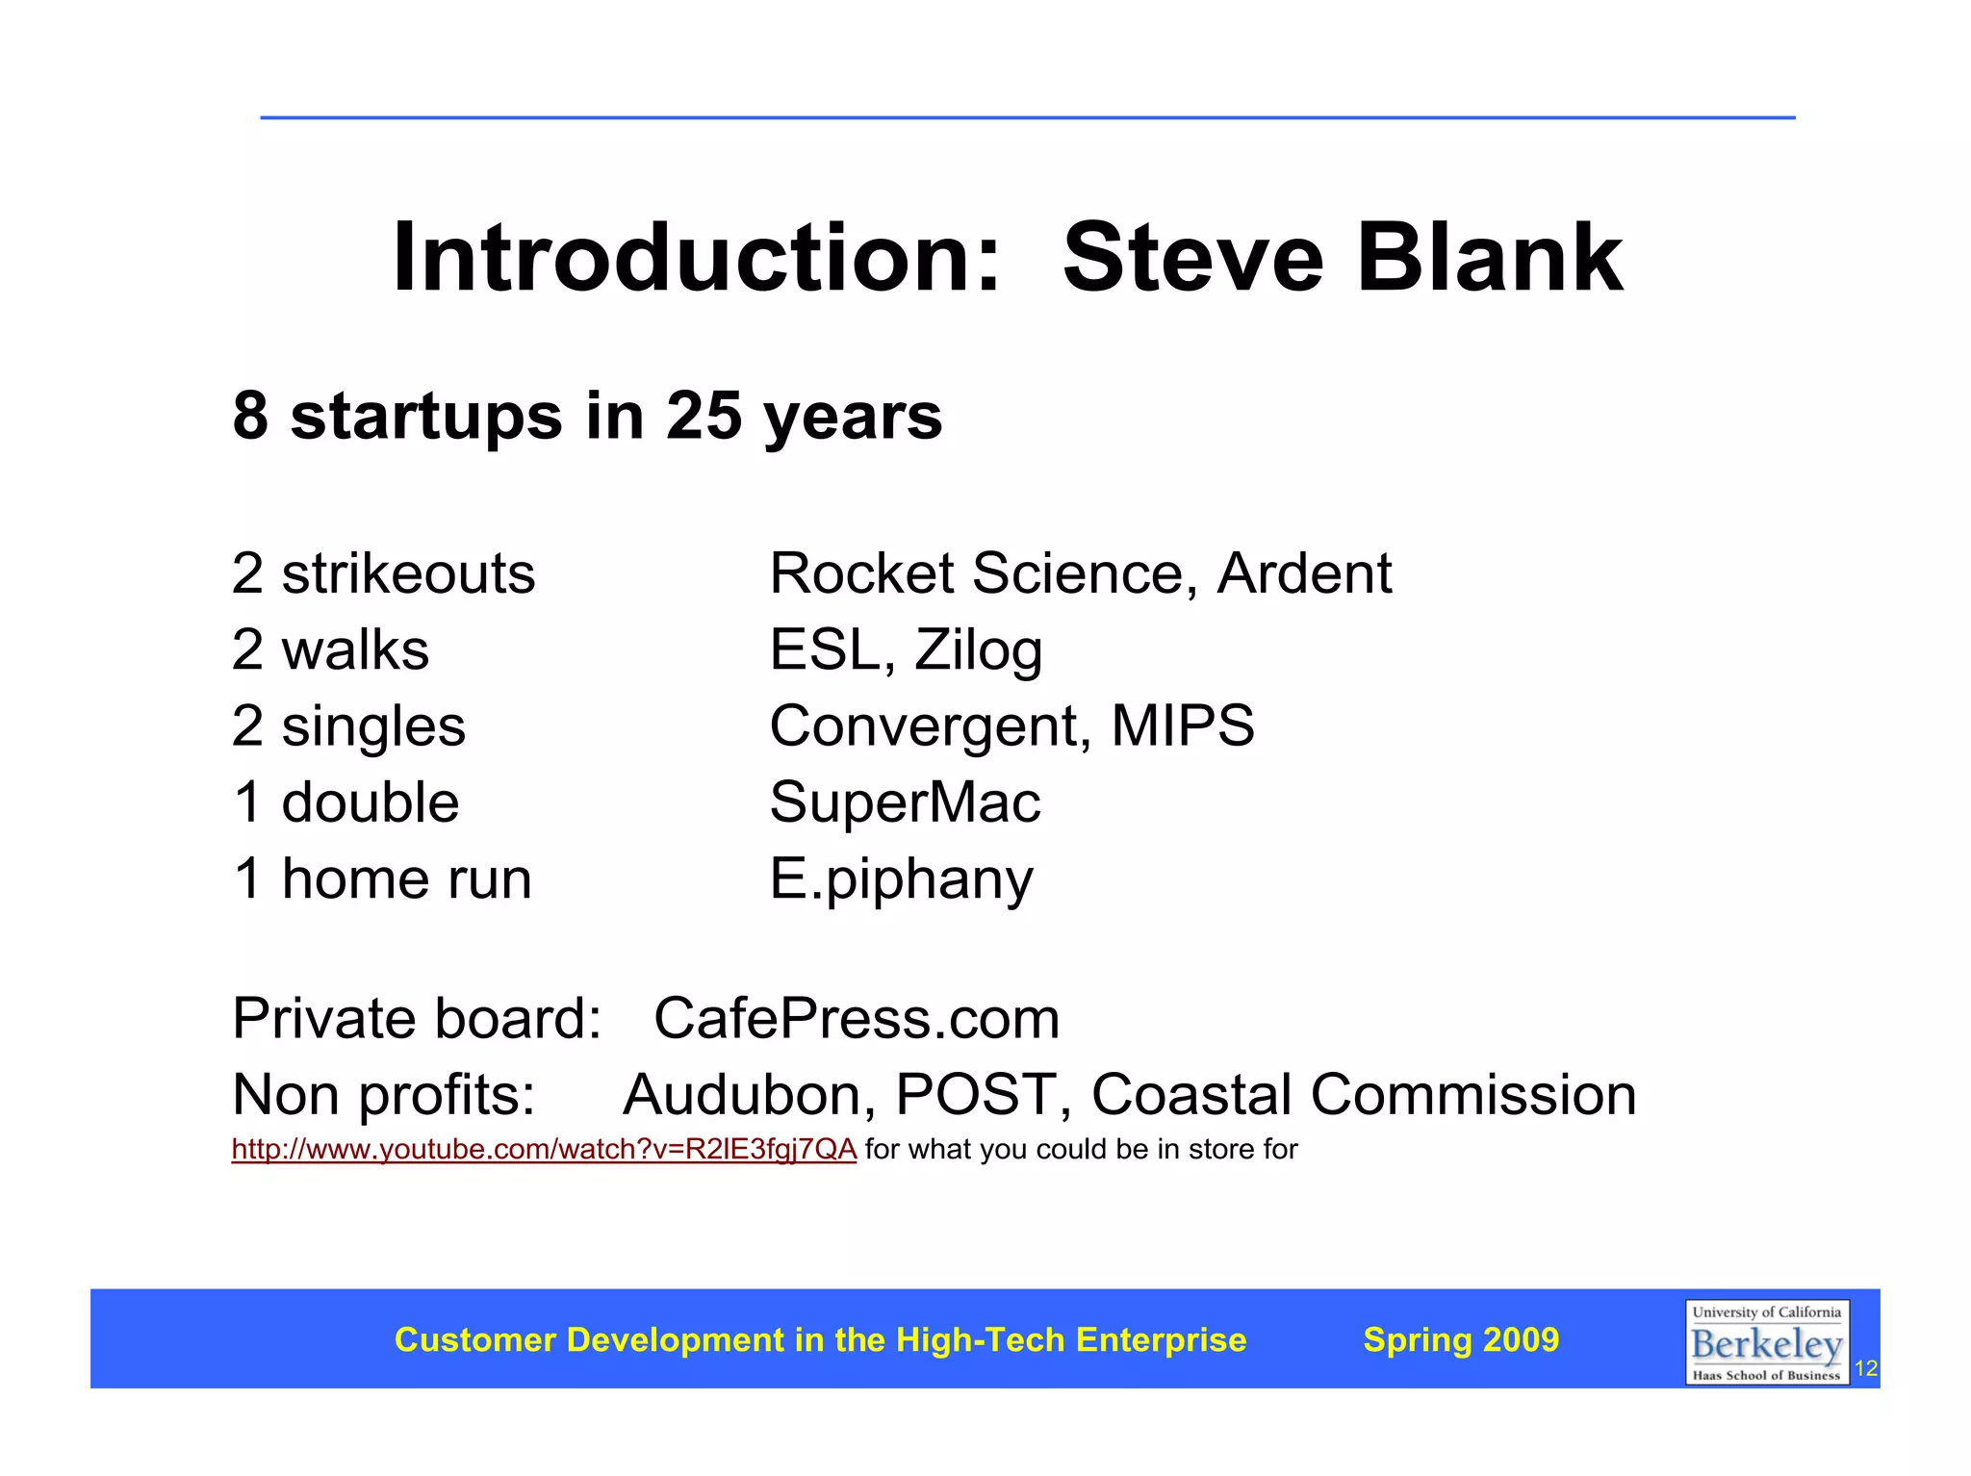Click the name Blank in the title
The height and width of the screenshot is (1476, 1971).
click(1489, 258)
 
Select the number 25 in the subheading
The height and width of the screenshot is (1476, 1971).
click(703, 416)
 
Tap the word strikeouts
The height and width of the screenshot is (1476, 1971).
click(408, 574)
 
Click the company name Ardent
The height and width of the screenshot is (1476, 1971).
click(1304, 574)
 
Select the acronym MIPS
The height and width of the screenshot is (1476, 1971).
click(1183, 725)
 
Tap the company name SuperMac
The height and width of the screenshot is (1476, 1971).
click(905, 802)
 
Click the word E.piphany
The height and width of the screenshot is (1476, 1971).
click(901, 879)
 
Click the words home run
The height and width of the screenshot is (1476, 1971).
click(406, 879)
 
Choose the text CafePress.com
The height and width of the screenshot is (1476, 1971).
click(857, 1019)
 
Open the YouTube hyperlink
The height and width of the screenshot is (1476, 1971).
click(544, 1150)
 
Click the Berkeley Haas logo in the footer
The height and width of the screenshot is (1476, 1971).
click(1766, 1342)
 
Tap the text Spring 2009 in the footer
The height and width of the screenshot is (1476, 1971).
click(1461, 1340)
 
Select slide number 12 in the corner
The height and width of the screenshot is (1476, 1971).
click(1865, 1369)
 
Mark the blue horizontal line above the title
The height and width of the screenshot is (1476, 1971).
click(1027, 118)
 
